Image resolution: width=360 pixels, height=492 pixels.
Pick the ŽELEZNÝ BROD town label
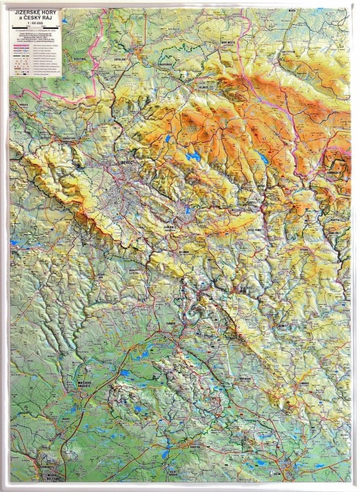tap(243, 287)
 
